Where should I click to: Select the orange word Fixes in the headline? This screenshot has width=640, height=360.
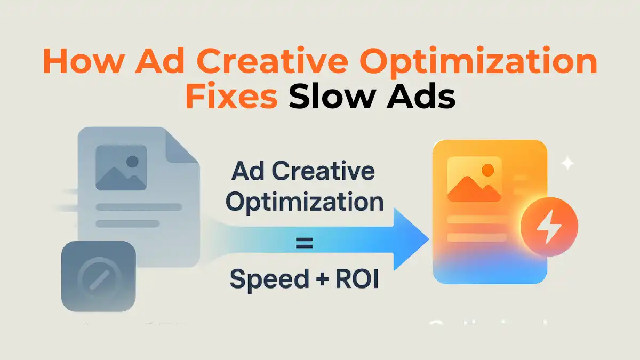coord(230,99)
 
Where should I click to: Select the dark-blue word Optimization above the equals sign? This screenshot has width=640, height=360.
coord(305,203)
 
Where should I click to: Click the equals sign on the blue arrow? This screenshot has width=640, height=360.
coord(304,245)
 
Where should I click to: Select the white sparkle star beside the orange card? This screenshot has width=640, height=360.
coord(567,163)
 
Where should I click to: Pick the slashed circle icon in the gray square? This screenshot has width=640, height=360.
coord(98,277)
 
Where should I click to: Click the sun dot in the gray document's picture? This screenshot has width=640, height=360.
coord(132,161)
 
